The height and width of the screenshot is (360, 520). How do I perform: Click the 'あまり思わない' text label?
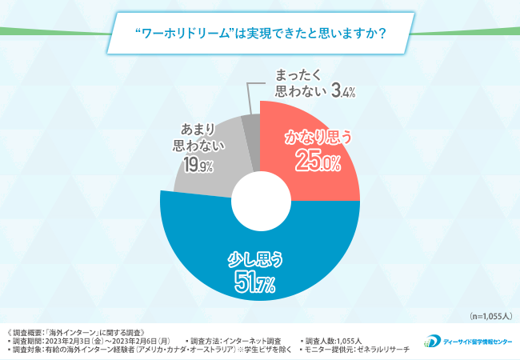coord(195,136)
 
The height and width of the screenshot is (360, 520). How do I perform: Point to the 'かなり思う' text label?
coord(318,137)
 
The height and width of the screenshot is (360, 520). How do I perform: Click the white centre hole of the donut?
coord(260,192)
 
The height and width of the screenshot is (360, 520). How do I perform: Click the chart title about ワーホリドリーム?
coord(259,34)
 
